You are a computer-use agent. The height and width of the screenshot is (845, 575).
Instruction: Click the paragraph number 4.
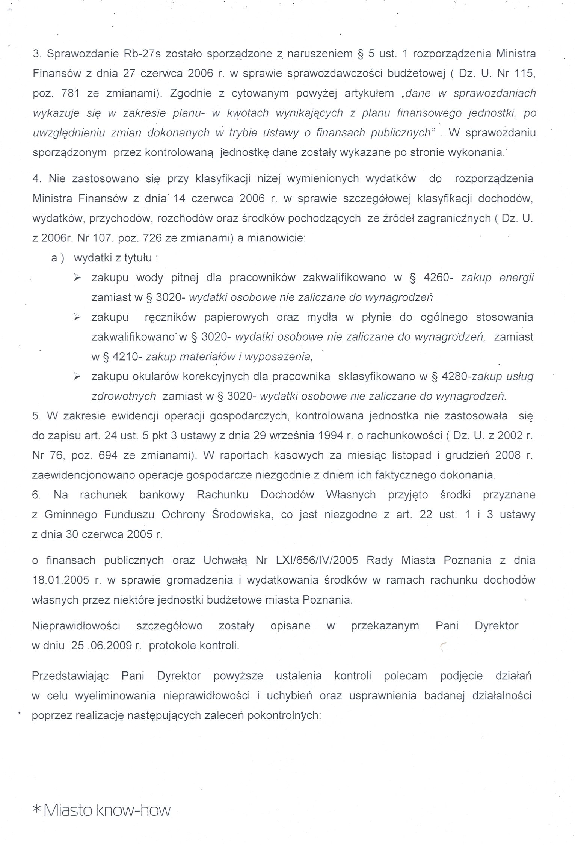point(36,178)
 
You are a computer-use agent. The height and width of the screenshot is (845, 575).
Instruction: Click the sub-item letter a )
point(58,258)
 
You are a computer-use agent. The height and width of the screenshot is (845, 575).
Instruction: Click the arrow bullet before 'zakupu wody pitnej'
point(77,278)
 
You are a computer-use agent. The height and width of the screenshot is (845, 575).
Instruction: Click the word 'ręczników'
point(170,317)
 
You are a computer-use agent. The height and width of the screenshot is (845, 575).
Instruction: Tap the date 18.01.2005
point(60,580)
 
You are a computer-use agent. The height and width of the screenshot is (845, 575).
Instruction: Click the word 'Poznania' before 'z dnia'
point(467,560)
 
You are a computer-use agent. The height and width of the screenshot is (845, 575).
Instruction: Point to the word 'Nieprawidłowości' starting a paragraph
point(76,626)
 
